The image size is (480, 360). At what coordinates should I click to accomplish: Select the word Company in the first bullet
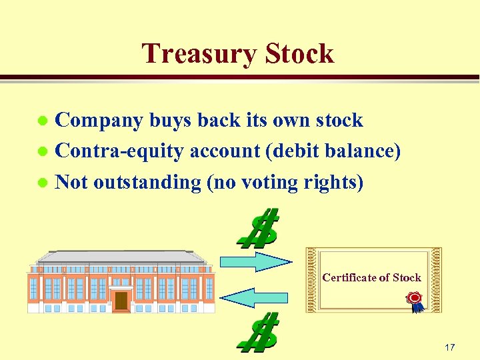pyautogui.click(x=99, y=121)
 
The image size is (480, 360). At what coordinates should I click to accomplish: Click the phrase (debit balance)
pyautogui.click(x=333, y=151)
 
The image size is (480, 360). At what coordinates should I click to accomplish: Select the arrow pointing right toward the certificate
pyautogui.click(x=254, y=261)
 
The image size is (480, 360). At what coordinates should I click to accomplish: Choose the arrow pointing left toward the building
pyautogui.click(x=254, y=297)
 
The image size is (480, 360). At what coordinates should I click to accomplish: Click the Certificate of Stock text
pyautogui.click(x=371, y=277)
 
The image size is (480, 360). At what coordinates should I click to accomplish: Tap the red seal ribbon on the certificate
pyautogui.click(x=415, y=299)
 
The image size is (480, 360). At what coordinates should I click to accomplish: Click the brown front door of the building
pyautogui.click(x=121, y=301)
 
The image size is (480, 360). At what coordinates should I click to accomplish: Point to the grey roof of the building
pyautogui.click(x=121, y=256)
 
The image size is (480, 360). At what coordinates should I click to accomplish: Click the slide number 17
pyautogui.click(x=449, y=347)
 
